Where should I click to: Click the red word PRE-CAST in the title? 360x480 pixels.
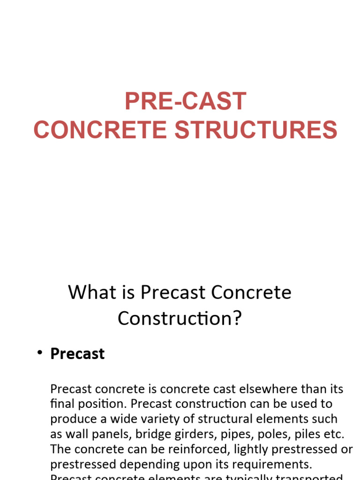pyautogui.click(x=185, y=101)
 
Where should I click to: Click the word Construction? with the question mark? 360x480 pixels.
pyautogui.click(x=180, y=318)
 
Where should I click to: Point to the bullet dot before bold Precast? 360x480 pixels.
pyautogui.click(x=40, y=353)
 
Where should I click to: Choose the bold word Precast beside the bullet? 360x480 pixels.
pyautogui.click(x=77, y=354)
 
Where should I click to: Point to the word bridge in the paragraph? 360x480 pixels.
pyautogui.click(x=144, y=434)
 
